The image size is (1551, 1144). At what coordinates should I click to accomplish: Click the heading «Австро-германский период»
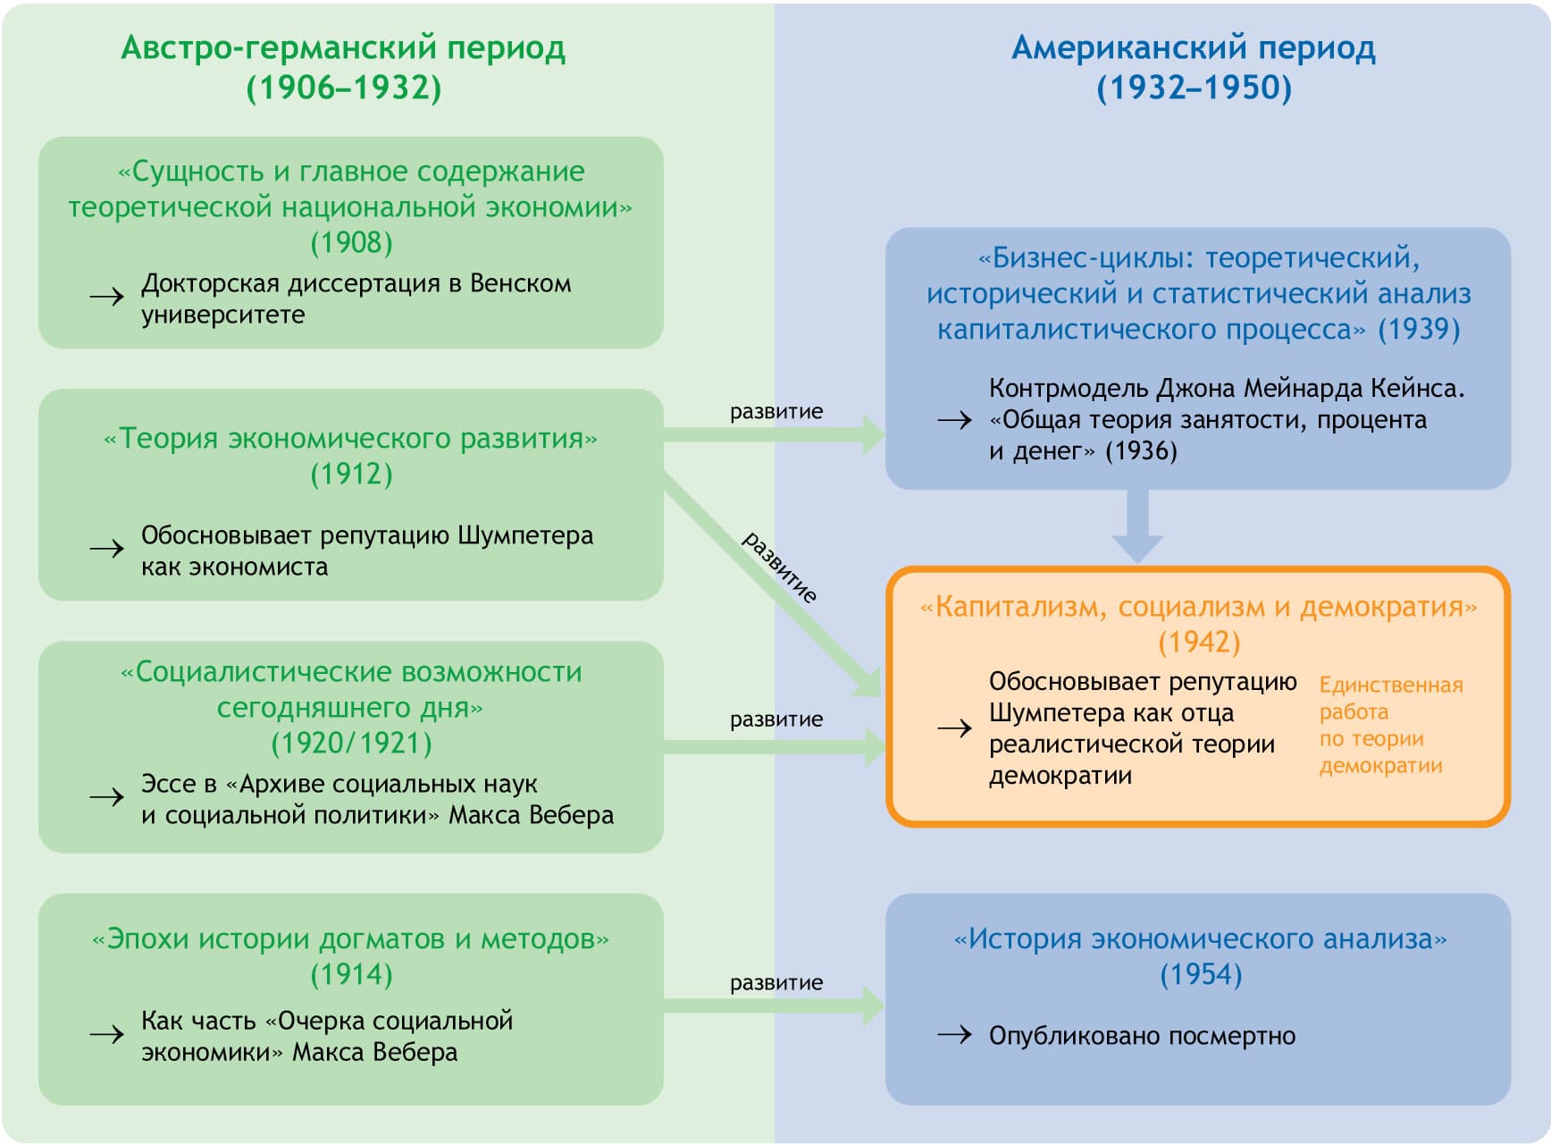pyautogui.click(x=343, y=48)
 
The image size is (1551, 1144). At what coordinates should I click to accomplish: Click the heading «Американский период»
pyautogui.click(x=1193, y=48)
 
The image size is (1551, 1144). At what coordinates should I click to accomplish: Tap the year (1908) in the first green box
pyautogui.click(x=351, y=243)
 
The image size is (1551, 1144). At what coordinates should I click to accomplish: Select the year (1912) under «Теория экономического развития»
pyautogui.click(x=351, y=474)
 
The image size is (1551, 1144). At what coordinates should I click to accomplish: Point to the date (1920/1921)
pyautogui.click(x=351, y=743)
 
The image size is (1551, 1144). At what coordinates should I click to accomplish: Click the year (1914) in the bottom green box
pyautogui.click(x=351, y=974)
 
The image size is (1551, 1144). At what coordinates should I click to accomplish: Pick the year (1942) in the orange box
pyautogui.click(x=1199, y=642)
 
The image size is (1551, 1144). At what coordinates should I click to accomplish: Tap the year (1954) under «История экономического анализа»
pyautogui.click(x=1200, y=974)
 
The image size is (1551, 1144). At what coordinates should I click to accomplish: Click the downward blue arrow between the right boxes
pyautogui.click(x=1137, y=527)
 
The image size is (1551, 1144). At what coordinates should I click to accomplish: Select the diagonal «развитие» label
pyautogui.click(x=780, y=567)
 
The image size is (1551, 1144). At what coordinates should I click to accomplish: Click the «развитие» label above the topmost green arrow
pyautogui.click(x=776, y=412)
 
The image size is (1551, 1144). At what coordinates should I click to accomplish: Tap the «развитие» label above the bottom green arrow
pyautogui.click(x=776, y=983)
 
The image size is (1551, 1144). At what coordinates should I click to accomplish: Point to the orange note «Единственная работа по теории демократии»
pyautogui.click(x=1389, y=725)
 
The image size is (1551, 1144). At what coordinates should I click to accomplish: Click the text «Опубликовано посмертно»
pyautogui.click(x=1142, y=1036)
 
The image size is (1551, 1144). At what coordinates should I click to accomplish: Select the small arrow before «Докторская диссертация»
pyautogui.click(x=106, y=297)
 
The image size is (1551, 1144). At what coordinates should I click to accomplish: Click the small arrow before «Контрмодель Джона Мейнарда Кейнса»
pyautogui.click(x=954, y=420)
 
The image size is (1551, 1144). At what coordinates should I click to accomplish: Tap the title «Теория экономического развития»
pyautogui.click(x=351, y=439)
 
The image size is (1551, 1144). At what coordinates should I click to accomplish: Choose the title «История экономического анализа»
pyautogui.click(x=1200, y=939)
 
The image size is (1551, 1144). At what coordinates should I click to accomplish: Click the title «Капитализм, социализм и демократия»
pyautogui.click(x=1199, y=607)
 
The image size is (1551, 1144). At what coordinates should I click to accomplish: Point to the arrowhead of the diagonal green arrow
pyautogui.click(x=868, y=685)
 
